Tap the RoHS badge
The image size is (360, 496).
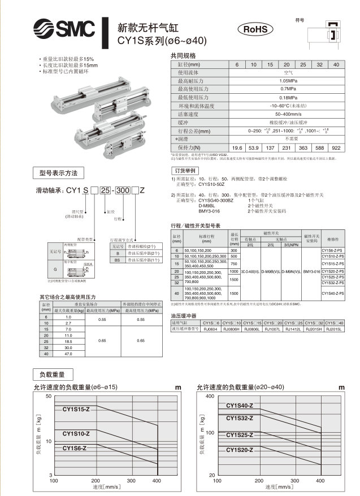(x=254, y=29)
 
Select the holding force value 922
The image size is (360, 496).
(x=336, y=147)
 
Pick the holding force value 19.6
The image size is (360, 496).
(x=237, y=147)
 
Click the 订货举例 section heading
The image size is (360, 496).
(x=185, y=170)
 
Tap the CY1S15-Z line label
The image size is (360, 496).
(x=76, y=408)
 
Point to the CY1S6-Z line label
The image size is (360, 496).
(x=75, y=448)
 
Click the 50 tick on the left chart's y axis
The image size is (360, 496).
(x=49, y=398)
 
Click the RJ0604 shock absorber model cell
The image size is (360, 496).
(x=209, y=328)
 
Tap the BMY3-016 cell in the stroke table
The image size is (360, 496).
(x=311, y=271)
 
